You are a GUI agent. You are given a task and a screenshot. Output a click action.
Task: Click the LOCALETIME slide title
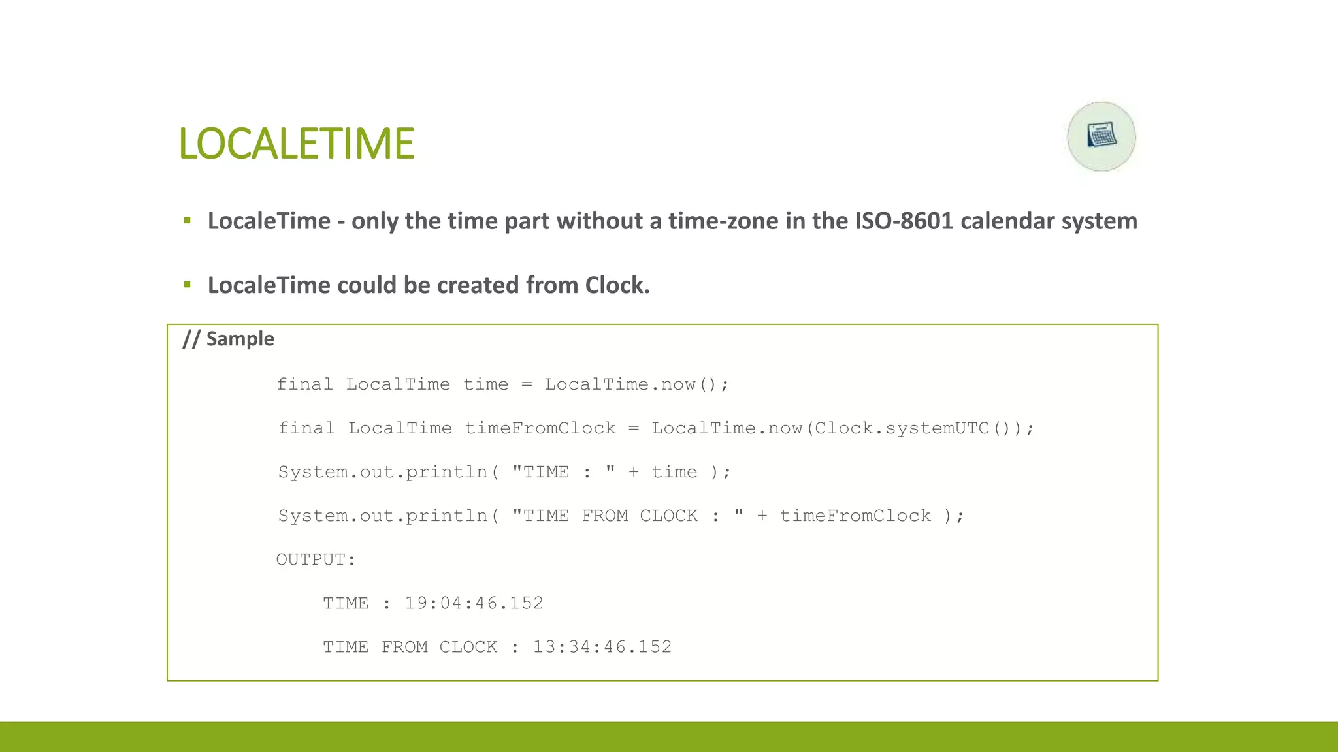click(296, 144)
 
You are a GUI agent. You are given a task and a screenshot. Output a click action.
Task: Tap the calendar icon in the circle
click(1101, 136)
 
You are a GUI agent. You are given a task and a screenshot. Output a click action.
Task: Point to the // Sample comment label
click(228, 339)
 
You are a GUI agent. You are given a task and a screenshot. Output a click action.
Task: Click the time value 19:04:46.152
click(474, 603)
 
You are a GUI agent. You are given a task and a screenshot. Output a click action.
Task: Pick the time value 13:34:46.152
click(602, 647)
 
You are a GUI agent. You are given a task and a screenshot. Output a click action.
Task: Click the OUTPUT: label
click(316, 559)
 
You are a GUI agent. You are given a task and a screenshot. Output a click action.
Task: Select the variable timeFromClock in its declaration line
click(540, 428)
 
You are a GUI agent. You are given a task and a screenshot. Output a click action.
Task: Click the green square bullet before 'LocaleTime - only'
click(188, 221)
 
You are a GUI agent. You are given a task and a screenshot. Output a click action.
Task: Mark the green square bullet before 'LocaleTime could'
click(188, 285)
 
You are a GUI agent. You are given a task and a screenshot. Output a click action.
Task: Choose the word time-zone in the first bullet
click(722, 221)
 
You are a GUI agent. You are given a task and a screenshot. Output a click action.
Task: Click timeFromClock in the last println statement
click(855, 516)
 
